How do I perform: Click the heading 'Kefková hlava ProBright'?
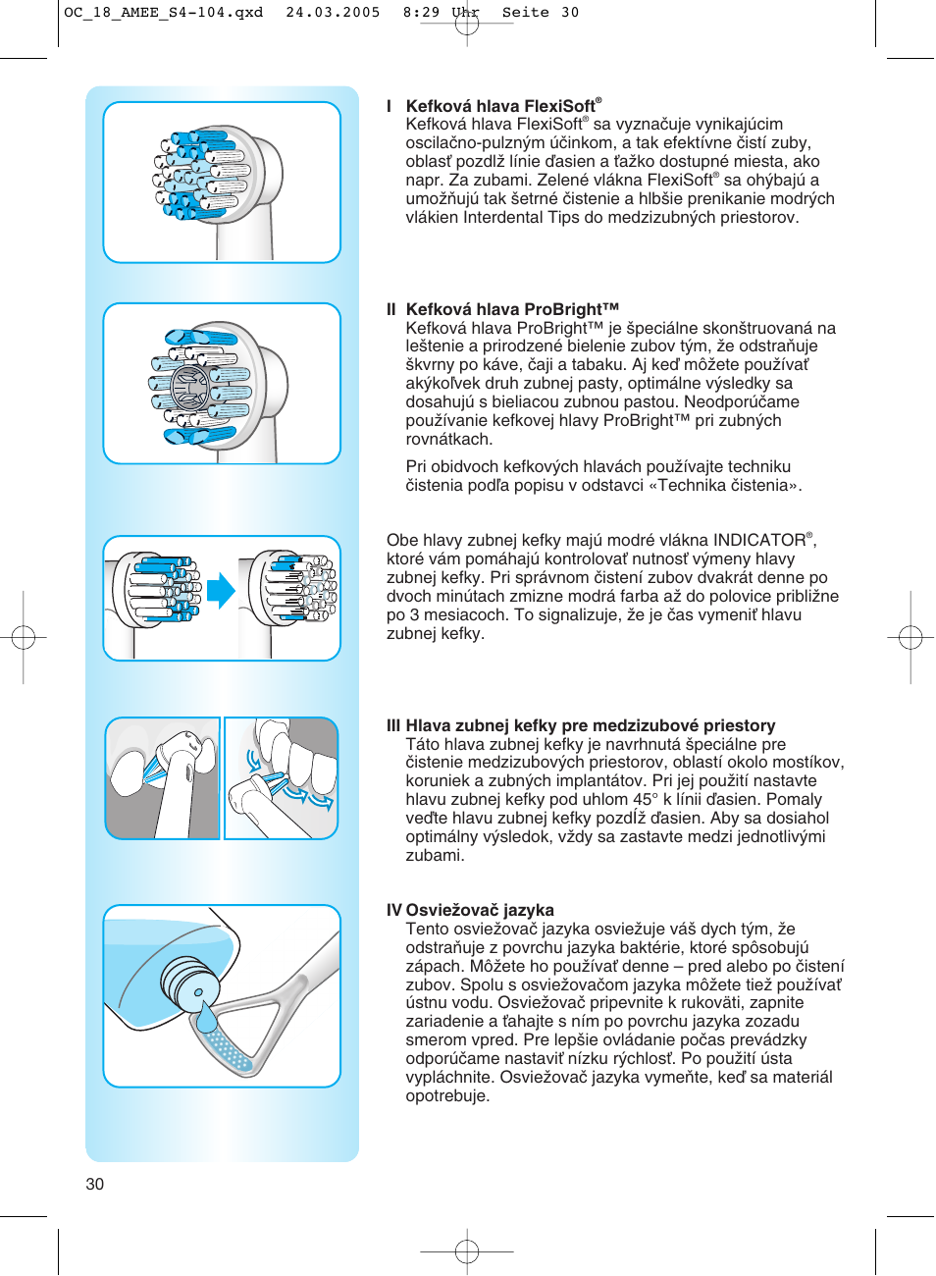512,309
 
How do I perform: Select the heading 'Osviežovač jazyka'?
480,910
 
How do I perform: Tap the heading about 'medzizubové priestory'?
591,725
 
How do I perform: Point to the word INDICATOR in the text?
759,541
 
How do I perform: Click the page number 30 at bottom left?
94,1184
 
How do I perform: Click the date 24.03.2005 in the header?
333,13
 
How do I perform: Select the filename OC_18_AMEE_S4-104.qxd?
163,13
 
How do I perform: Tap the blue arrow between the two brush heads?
222,590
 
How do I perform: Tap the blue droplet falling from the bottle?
205,1018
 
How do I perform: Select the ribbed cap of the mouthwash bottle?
187,982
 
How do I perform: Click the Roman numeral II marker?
391,309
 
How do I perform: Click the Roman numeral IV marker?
393,910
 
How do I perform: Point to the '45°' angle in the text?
645,799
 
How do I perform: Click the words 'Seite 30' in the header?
540,13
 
